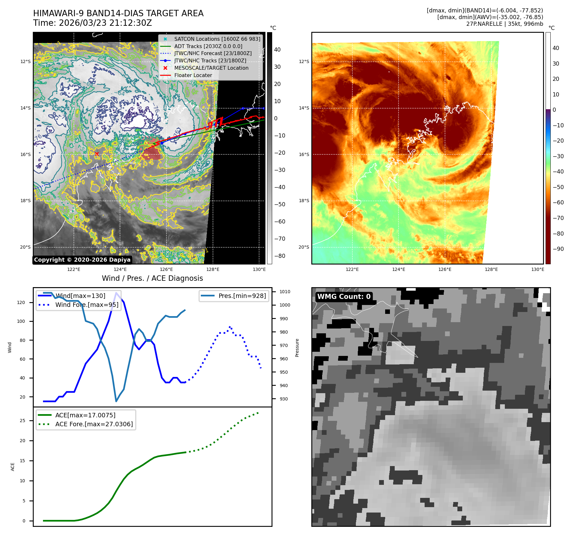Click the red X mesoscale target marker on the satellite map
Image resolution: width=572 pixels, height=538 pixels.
97,154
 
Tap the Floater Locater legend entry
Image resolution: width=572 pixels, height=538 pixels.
193,75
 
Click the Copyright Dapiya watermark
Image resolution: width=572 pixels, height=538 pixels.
82,260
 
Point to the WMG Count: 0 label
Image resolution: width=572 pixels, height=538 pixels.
344,297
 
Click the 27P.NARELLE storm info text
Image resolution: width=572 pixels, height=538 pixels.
505,24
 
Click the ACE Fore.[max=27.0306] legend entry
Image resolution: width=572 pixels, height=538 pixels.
94,424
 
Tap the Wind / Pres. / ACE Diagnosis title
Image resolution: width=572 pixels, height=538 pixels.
152,278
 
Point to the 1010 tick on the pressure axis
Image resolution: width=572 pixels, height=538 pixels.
285,292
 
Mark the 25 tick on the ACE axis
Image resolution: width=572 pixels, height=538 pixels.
23,421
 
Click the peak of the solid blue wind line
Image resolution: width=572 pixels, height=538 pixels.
116,293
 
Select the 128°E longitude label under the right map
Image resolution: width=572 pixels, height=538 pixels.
491,269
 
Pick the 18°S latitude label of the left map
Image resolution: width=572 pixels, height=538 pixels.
25,201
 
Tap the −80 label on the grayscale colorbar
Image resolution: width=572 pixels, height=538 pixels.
279,256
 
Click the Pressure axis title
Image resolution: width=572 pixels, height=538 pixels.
297,348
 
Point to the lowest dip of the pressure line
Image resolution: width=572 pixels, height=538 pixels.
116,401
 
